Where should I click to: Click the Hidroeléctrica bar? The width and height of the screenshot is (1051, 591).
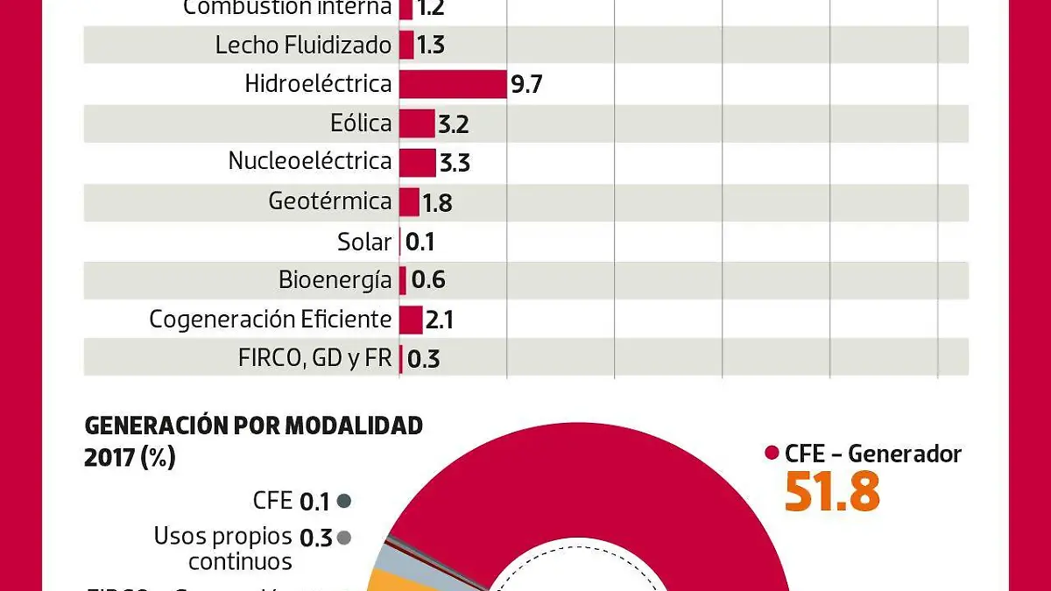pyautogui.click(x=453, y=84)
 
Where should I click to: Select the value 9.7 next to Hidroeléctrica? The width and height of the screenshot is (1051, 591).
pyautogui.click(x=527, y=86)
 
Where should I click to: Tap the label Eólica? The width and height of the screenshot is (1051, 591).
pyautogui.click(x=361, y=123)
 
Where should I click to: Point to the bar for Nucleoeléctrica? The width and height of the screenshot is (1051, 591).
pyautogui.click(x=418, y=163)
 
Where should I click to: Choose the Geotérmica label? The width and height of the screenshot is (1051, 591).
pyautogui.click(x=330, y=201)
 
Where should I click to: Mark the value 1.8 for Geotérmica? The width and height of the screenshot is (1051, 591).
pyautogui.click(x=437, y=204)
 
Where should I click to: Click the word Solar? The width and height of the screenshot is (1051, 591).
pyautogui.click(x=364, y=241)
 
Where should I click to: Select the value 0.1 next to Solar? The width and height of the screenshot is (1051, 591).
pyautogui.click(x=420, y=243)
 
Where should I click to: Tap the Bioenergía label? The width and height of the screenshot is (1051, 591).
pyautogui.click(x=335, y=280)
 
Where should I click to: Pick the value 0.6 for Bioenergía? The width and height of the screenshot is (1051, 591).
pyautogui.click(x=428, y=281)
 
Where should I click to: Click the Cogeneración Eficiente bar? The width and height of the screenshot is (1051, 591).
pyautogui.click(x=411, y=320)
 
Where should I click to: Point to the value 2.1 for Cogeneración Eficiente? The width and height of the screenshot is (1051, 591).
pyautogui.click(x=439, y=321)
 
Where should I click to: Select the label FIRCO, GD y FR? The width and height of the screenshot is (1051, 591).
pyautogui.click(x=314, y=359)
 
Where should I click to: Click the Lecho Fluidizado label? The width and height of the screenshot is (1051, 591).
pyautogui.click(x=303, y=45)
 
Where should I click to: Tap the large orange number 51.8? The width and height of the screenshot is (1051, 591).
pyautogui.click(x=832, y=492)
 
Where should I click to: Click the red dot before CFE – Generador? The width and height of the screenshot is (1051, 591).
pyautogui.click(x=772, y=454)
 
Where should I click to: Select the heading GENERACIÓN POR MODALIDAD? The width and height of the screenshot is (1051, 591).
pyautogui.click(x=253, y=426)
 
